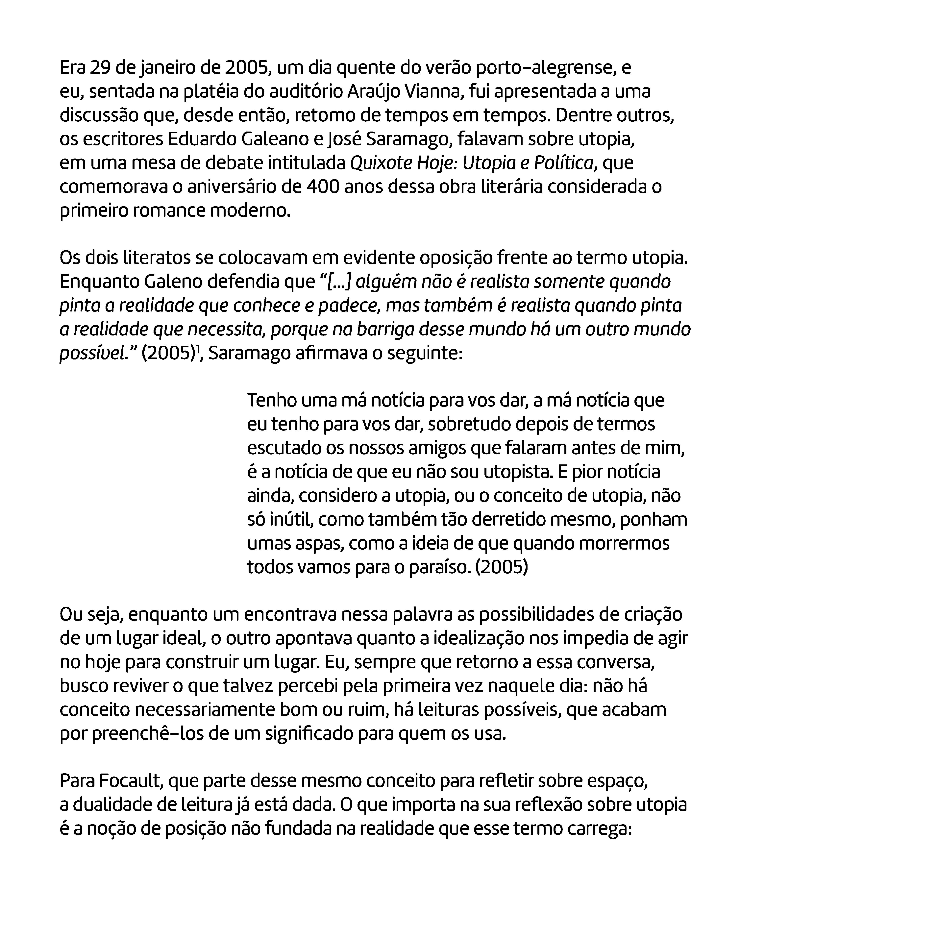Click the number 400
[323, 187]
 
